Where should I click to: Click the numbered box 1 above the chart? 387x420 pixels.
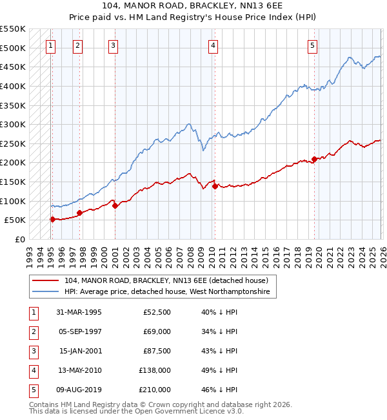pos(50,45)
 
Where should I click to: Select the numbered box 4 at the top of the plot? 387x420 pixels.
pos(213,45)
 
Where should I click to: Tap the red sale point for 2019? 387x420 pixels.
pos(314,159)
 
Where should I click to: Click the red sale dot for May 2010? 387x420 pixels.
pos(215,186)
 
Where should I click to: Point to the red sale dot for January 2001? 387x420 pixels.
pos(115,205)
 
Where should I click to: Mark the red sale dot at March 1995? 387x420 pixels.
pos(52,219)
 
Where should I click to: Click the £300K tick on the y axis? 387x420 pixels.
pos(13,124)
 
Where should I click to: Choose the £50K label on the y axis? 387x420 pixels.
pos(15,220)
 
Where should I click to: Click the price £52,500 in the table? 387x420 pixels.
pos(157,311)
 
